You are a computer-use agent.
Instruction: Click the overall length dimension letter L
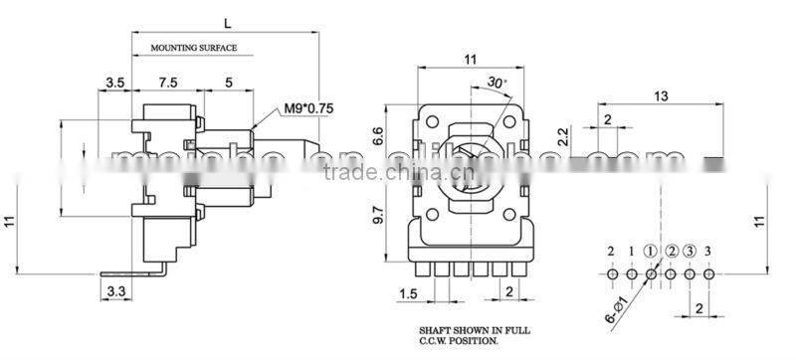point(228,21)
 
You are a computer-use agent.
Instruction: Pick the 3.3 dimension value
point(115,290)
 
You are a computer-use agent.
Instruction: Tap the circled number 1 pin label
point(651,250)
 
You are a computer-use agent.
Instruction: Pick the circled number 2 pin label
point(671,250)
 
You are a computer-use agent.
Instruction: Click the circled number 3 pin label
point(690,250)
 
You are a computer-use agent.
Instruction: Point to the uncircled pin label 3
point(708,250)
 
